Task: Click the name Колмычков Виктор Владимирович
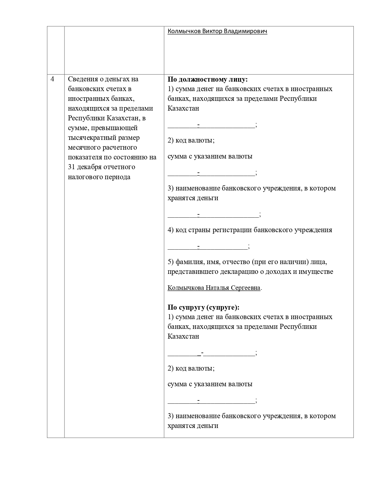pyautogui.click(x=217, y=31)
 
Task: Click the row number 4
pyautogui.click(x=53, y=79)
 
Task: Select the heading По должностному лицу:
pyautogui.click(x=208, y=79)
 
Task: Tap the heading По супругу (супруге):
pyautogui.click(x=203, y=307)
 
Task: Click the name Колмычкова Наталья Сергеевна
pyautogui.click(x=214, y=288)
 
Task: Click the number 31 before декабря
pyautogui.click(x=71, y=167)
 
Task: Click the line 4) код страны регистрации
pyautogui.click(x=250, y=230)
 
